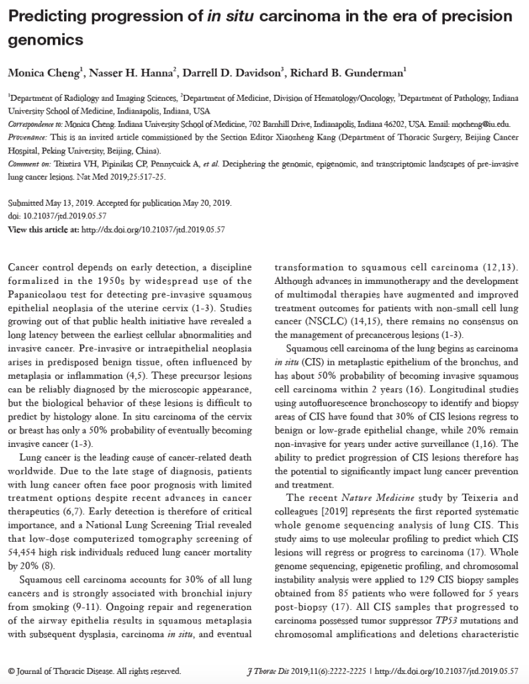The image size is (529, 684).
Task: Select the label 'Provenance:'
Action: point(25,136)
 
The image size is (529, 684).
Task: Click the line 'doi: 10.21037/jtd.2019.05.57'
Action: point(57,216)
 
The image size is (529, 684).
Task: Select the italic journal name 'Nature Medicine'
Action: point(361,497)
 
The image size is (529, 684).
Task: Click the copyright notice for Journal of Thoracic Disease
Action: point(94,671)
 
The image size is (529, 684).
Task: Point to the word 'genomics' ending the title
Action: point(45,40)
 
